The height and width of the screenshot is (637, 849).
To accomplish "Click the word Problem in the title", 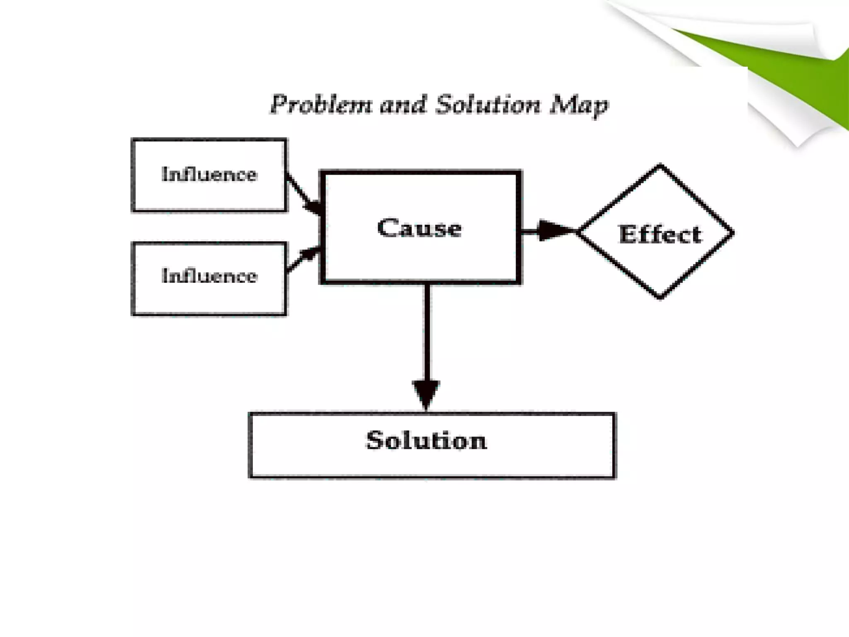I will click(x=321, y=105).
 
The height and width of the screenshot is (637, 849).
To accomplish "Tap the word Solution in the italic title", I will click(x=488, y=105).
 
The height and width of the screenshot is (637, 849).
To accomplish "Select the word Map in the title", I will click(x=579, y=105).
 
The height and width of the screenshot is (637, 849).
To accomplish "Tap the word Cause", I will click(x=420, y=228).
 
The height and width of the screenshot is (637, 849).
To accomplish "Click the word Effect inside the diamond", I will click(x=660, y=234).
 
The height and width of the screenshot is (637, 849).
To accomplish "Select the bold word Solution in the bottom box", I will click(x=426, y=440).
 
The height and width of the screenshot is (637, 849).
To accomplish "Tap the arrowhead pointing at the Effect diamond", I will click(x=553, y=231).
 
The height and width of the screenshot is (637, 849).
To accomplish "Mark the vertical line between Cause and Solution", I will click(x=427, y=332).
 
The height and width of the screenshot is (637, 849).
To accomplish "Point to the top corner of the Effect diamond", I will click(x=660, y=166).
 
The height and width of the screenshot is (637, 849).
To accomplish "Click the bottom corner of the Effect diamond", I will click(x=660, y=297).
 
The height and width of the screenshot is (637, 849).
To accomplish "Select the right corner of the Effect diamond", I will click(x=733, y=232).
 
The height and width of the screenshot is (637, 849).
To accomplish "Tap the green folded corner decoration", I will click(x=788, y=62).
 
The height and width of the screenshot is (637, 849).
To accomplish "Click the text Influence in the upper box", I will click(x=209, y=174).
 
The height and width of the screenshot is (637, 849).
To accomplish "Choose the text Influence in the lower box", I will click(x=209, y=276).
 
